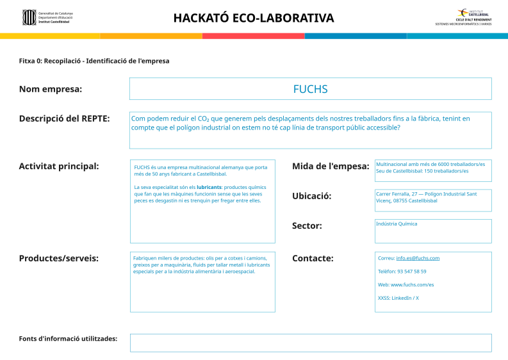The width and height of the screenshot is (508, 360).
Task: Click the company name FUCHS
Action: (x=310, y=89)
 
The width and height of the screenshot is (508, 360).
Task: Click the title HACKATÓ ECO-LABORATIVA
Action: (x=254, y=18)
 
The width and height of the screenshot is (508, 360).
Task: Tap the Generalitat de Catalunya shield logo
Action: (x=29, y=17)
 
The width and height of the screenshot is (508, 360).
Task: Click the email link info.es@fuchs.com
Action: (x=418, y=258)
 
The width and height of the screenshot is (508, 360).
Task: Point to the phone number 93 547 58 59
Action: (x=411, y=272)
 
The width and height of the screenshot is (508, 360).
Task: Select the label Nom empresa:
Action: (x=51, y=89)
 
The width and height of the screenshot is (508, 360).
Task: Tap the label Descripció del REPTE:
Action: (x=64, y=119)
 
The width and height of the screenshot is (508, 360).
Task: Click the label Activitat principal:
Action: (x=59, y=167)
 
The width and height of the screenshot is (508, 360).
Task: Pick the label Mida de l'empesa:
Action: (x=331, y=167)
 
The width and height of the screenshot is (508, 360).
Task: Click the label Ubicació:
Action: (x=312, y=196)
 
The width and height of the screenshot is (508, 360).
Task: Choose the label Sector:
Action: (x=307, y=225)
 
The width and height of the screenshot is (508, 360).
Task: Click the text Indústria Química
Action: (x=397, y=224)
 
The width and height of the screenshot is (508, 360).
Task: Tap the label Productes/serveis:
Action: (x=59, y=258)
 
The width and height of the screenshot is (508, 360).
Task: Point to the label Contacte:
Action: (x=313, y=258)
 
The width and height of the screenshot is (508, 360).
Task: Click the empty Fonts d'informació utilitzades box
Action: (x=311, y=343)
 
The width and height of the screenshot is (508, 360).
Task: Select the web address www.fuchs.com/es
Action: (x=412, y=284)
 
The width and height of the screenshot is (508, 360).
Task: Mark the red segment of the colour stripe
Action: (x=253, y=36)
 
